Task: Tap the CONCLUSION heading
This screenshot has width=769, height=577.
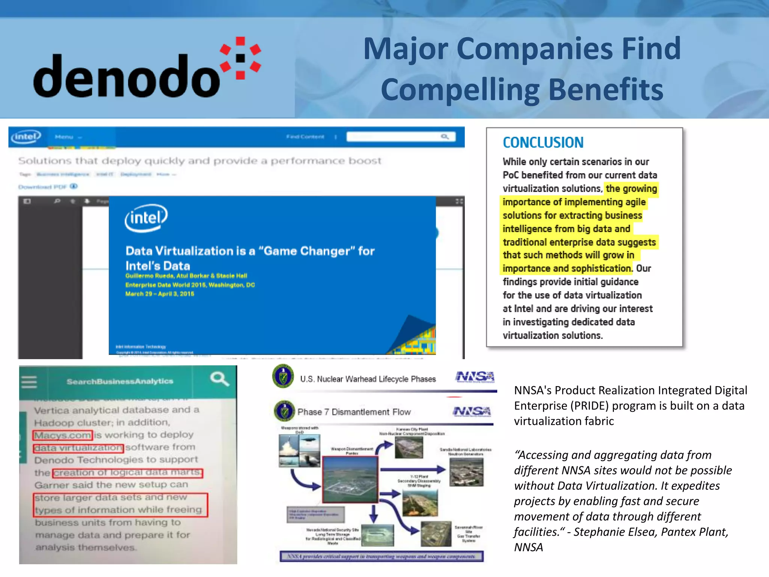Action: point(543,143)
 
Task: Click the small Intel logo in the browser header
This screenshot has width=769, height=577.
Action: point(26,136)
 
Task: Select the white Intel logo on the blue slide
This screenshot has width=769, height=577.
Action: point(146,218)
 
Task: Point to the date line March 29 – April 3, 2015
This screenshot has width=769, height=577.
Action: point(160,294)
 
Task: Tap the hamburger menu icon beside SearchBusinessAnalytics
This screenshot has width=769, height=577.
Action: point(29,382)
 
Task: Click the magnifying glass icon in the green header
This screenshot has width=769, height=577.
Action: point(219,379)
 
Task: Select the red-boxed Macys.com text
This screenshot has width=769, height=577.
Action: point(63,435)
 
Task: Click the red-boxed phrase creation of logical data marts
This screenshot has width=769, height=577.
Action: point(128,473)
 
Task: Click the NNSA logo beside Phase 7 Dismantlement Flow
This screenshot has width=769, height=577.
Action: point(472,412)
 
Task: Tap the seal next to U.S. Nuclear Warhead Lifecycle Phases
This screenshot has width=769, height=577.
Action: point(283,376)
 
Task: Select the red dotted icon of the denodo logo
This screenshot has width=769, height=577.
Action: point(241,58)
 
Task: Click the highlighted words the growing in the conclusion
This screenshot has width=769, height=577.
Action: point(631,189)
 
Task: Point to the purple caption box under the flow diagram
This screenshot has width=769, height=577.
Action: point(381,556)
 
